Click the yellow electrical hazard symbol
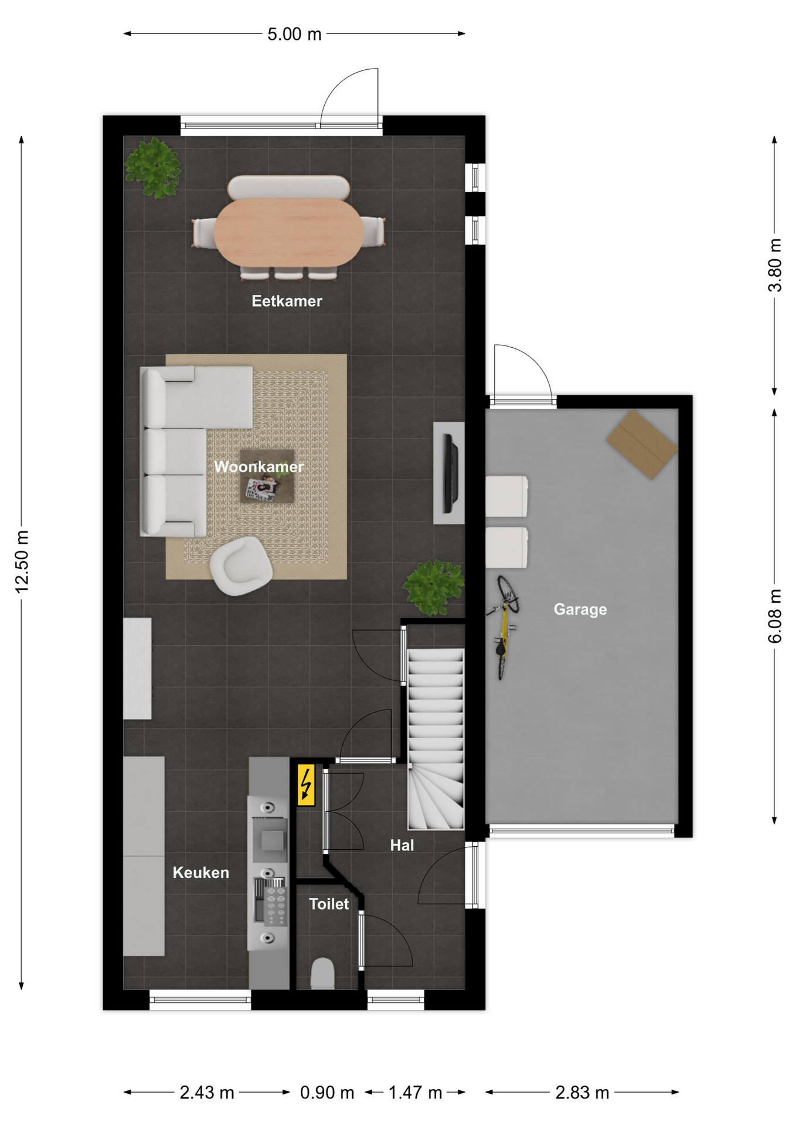click(305, 785)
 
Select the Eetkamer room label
click(287, 301)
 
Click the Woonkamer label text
click(258, 467)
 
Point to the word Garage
click(580, 609)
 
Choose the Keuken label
click(200, 873)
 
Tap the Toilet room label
click(329, 904)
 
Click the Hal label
click(402, 845)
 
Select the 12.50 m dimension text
click(22, 561)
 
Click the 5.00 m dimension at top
click(294, 34)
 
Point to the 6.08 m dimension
click(775, 616)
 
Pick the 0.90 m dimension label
click(327, 1093)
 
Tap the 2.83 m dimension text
click(582, 1093)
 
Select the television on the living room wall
click(450, 473)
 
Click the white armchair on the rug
click(240, 566)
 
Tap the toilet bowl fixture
click(322, 974)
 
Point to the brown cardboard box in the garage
click(642, 445)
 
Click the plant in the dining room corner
click(153, 168)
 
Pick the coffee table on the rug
click(267, 476)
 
